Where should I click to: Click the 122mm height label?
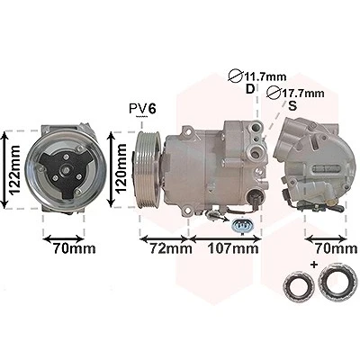point(14,170)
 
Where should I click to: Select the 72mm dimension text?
point(171,248)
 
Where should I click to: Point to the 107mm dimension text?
point(233,248)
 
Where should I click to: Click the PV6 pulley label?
point(143,109)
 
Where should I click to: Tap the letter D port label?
point(250,89)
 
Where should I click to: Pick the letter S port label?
point(292,105)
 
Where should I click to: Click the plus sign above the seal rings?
point(314,265)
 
